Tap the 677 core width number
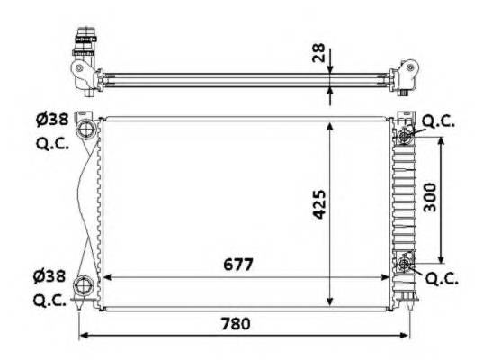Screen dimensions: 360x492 (x=232, y=265)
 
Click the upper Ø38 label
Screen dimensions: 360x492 (x=51, y=118)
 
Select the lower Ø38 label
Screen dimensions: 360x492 (x=51, y=275)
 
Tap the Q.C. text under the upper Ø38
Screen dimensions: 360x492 (x=51, y=142)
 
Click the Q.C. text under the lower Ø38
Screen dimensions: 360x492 (x=51, y=301)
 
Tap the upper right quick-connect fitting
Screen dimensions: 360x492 (x=406, y=135)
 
